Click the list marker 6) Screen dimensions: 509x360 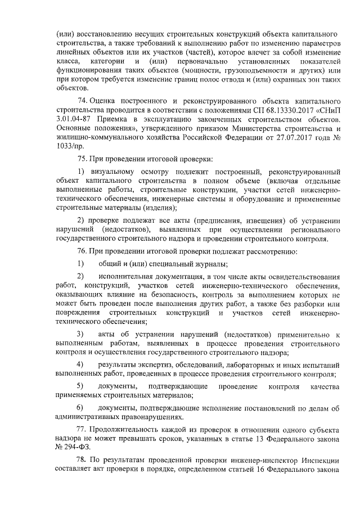point(80,407)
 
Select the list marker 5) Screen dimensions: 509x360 point(80,387)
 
